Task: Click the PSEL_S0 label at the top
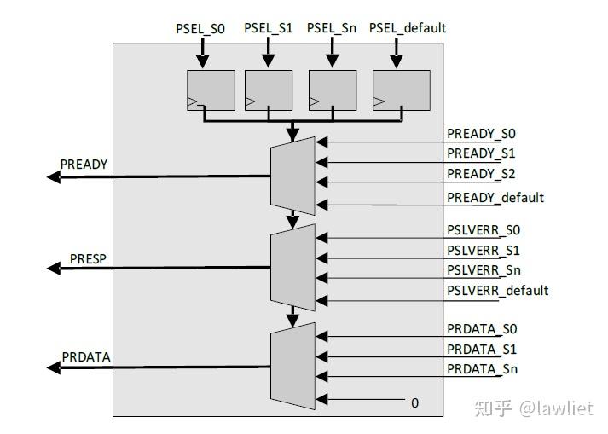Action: coord(202,28)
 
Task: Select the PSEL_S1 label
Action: coord(268,28)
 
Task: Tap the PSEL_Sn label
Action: coord(332,28)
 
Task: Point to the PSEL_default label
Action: coord(407,28)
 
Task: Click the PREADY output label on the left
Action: coord(84,164)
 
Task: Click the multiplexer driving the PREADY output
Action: coord(292,176)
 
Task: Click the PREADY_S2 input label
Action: coord(482,175)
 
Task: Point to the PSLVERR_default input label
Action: coord(497,291)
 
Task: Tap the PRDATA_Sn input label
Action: coord(482,369)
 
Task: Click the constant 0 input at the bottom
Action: coord(415,402)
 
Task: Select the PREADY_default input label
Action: coord(495,198)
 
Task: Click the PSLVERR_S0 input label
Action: coord(483,229)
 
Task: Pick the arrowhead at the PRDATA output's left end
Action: coord(53,367)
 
